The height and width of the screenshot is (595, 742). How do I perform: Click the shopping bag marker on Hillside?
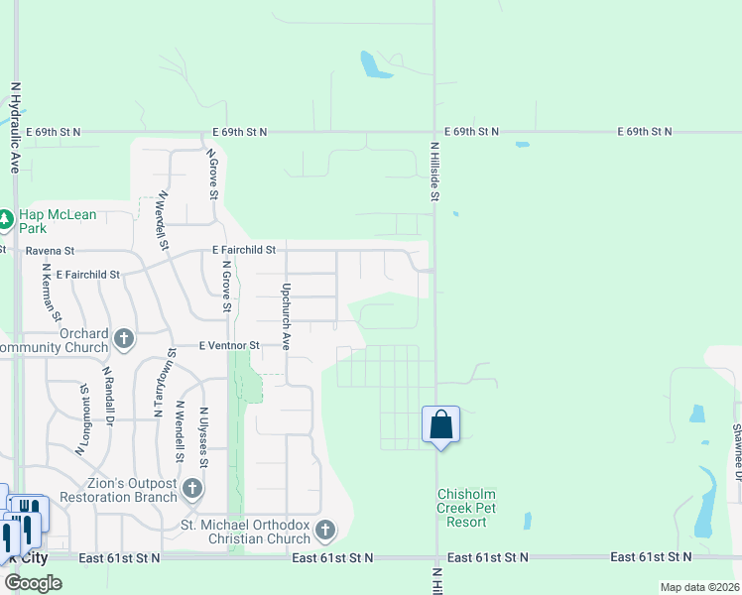[x=440, y=424]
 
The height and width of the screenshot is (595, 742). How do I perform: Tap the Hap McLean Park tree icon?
[x=5, y=218]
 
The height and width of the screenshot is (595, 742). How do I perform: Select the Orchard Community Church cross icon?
[x=124, y=339]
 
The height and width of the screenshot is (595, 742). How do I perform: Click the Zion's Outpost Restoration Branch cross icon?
[x=192, y=488]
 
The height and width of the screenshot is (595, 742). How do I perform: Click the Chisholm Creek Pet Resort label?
[x=466, y=508]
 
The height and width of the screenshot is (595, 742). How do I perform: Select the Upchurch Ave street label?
[x=286, y=317]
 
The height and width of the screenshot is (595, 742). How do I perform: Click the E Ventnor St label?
[x=229, y=345]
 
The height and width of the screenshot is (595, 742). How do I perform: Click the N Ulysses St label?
[x=203, y=436]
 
